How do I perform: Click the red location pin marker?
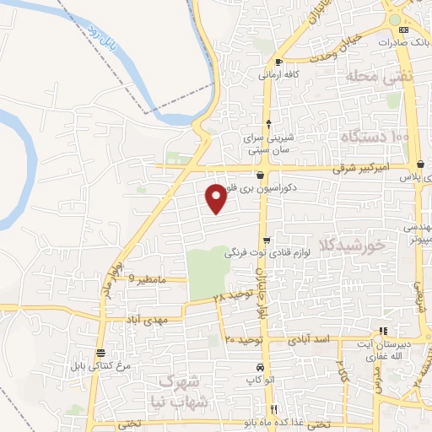tap(217, 197)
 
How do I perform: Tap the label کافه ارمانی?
tap(269, 74)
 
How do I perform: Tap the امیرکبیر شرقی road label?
tap(360, 169)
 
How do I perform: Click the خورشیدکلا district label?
tap(352, 245)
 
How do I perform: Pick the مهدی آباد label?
tap(152, 321)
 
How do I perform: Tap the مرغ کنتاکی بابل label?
tap(102, 365)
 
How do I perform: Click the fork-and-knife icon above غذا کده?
tap(272, 409)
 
